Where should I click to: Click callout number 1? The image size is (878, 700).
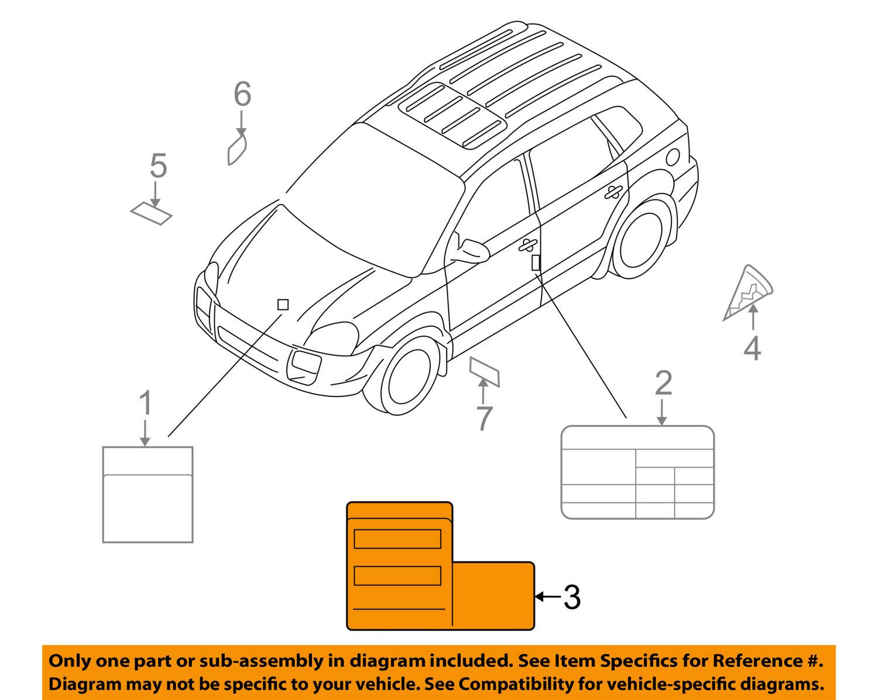click(145, 404)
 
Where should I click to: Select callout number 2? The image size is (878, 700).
click(663, 384)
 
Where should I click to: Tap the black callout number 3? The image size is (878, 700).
click(572, 598)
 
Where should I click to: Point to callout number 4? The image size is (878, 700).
click(752, 349)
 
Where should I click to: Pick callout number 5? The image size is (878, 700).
click(158, 166)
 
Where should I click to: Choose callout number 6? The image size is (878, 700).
click(242, 94)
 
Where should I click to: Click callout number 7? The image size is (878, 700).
click(484, 419)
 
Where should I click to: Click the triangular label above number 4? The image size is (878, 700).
click(748, 293)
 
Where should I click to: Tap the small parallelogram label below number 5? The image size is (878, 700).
click(152, 213)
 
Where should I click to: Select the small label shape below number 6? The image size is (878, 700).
click(237, 150)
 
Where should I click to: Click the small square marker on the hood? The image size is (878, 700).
click(283, 305)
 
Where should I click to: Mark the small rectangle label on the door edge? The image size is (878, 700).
click(536, 263)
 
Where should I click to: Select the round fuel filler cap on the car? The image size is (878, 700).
click(673, 157)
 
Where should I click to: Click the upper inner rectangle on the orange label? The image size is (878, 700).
click(397, 539)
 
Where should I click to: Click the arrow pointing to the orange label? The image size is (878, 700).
click(547, 596)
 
